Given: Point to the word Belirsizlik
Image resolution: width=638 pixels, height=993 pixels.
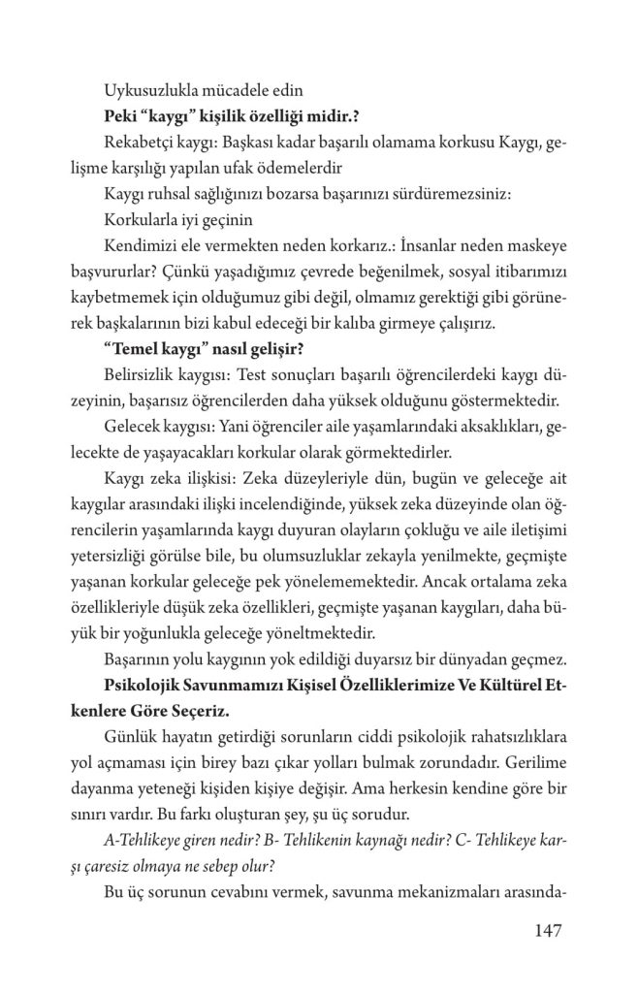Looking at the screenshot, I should tap(143, 372).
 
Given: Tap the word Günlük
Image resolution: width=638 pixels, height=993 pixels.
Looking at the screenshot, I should tap(129, 738).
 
